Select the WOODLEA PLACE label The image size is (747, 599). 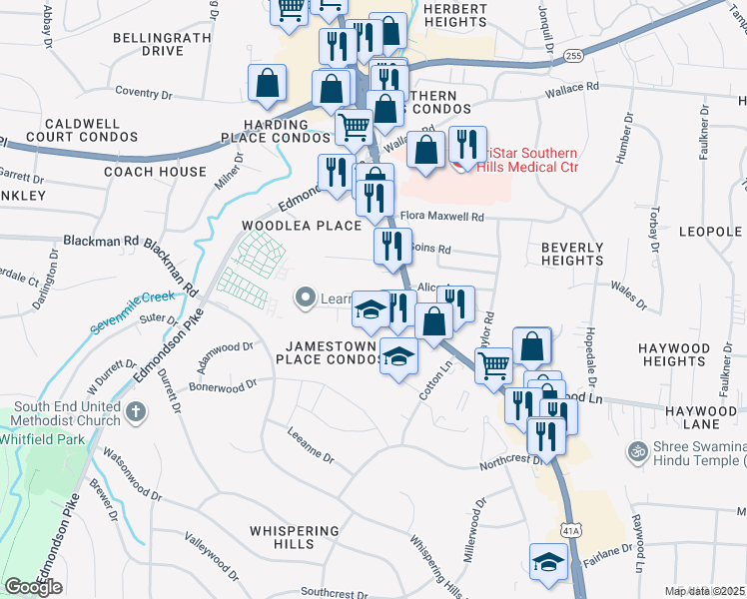[301, 226]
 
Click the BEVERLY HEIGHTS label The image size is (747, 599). [572, 253]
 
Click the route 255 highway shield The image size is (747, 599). [572, 56]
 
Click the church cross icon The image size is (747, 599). [137, 410]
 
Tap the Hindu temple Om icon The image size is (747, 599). [636, 452]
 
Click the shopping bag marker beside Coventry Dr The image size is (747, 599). [269, 85]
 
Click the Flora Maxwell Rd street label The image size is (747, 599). [441, 217]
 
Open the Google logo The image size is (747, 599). [33, 587]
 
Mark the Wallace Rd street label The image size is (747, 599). [571, 88]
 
